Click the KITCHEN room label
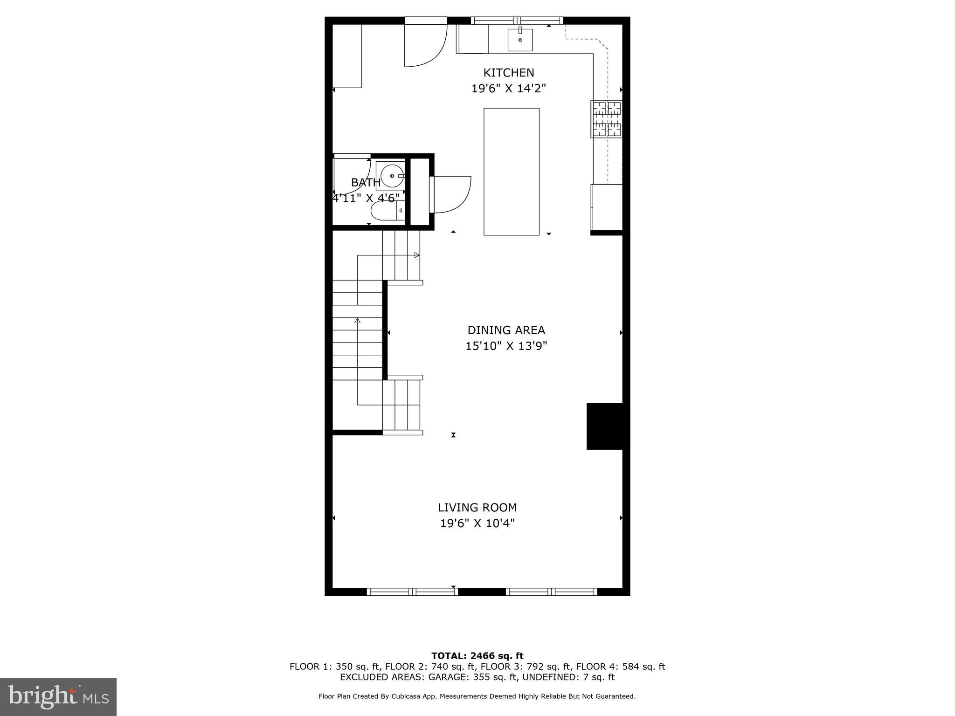(x=508, y=73)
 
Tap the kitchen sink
(x=520, y=40)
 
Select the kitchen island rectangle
(x=511, y=172)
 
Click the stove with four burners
(x=606, y=119)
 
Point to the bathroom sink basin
(x=392, y=176)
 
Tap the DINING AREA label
(x=506, y=330)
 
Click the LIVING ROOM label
(x=477, y=508)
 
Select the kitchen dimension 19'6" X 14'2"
(x=508, y=89)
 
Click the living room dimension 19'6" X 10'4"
(x=477, y=523)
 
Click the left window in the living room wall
(x=412, y=592)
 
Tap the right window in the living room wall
(x=551, y=592)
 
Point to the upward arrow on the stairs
(x=358, y=321)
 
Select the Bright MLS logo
(x=58, y=696)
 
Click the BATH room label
(x=366, y=183)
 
